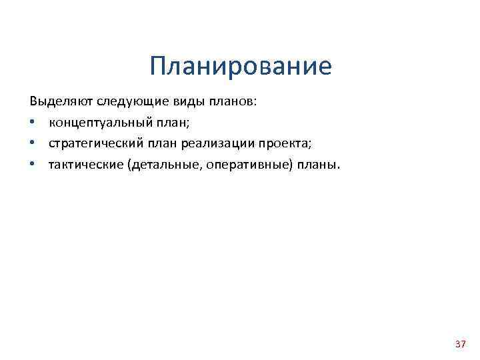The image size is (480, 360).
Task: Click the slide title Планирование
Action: pyautogui.click(x=240, y=67)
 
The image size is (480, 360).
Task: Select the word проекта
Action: pyautogui.click(x=283, y=144)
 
